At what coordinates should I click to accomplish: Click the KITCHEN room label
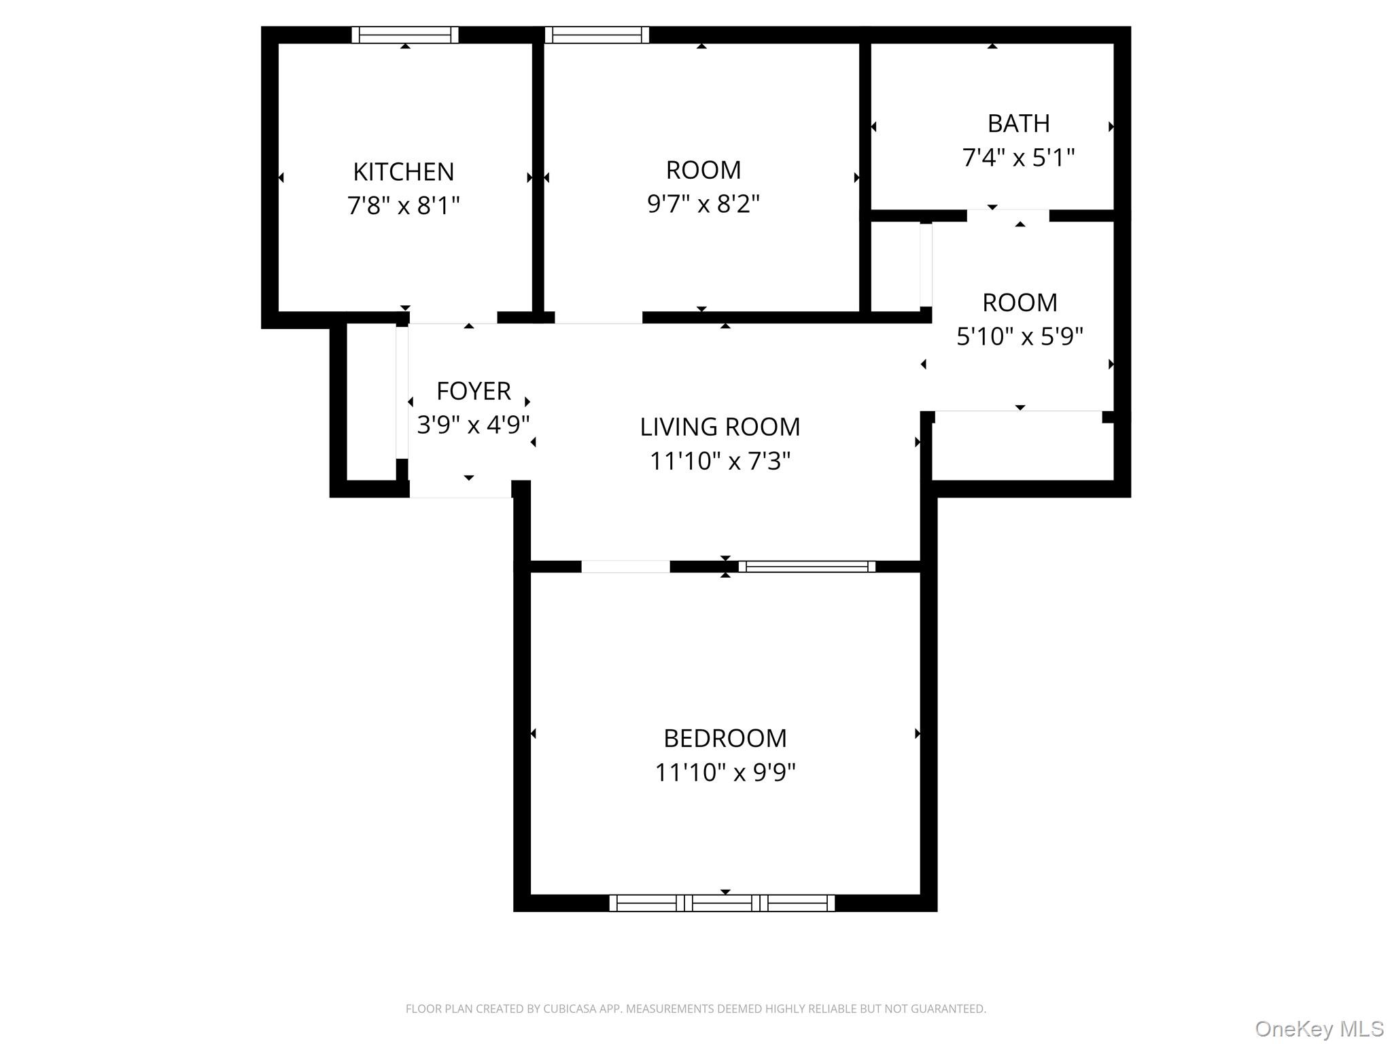(x=403, y=172)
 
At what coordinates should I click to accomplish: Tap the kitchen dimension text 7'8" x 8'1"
(x=403, y=205)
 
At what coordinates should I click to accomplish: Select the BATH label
(x=1018, y=124)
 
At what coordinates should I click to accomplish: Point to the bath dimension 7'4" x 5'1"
(x=1018, y=158)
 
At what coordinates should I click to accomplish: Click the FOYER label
(x=473, y=391)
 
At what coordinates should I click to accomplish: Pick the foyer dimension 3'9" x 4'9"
(x=473, y=425)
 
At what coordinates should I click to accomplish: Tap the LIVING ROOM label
(x=720, y=427)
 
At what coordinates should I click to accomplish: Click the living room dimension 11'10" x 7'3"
(x=720, y=462)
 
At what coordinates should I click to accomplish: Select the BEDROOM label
(x=725, y=738)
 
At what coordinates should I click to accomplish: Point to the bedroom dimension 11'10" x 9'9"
(x=725, y=773)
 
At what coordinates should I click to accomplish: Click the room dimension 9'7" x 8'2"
(x=703, y=204)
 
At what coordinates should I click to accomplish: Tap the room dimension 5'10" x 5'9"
(x=1019, y=336)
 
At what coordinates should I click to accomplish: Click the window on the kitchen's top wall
(x=405, y=35)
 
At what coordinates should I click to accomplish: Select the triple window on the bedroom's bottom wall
(x=722, y=903)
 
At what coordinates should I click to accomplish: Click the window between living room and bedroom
(x=807, y=566)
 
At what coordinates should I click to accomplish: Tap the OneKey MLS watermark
(x=1319, y=1028)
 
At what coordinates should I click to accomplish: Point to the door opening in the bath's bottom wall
(x=1008, y=215)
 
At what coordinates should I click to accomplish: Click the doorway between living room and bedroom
(x=625, y=566)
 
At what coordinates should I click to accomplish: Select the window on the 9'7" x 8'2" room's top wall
(x=597, y=35)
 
